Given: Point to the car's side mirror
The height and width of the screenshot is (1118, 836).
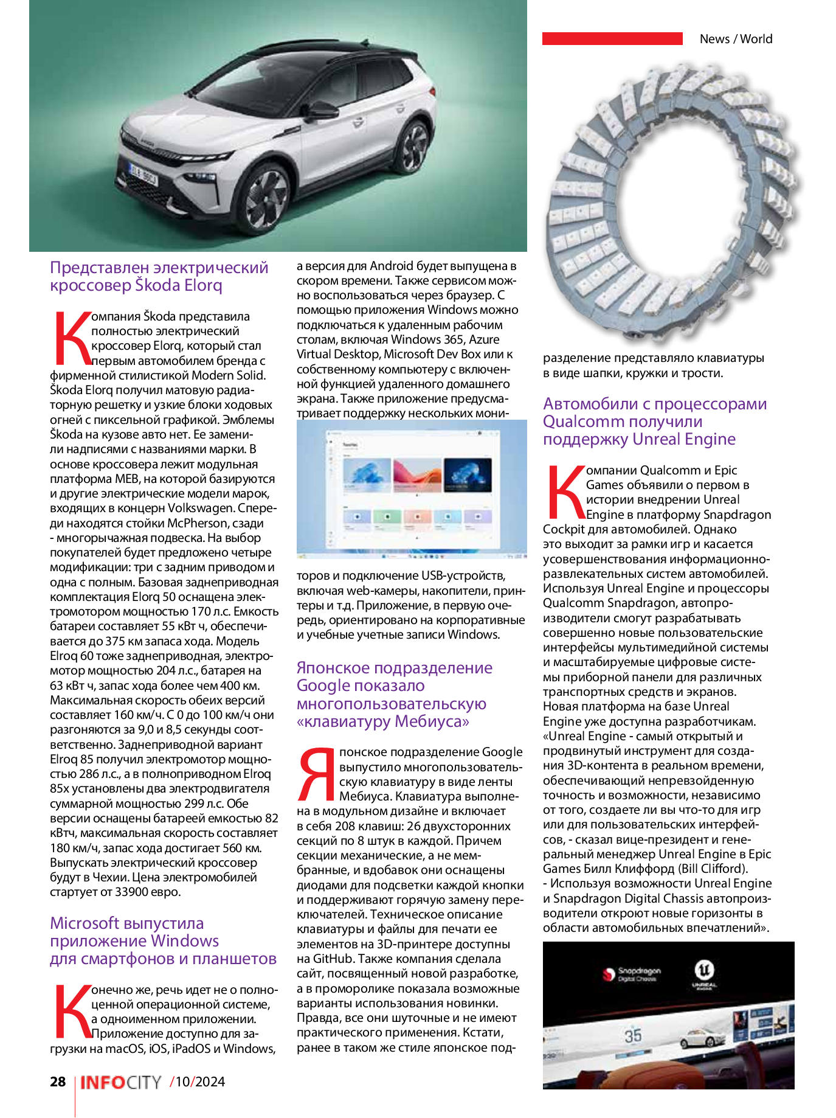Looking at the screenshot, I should pyautogui.click(x=321, y=111).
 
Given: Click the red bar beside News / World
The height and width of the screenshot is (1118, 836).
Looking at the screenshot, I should pyautogui.click(x=612, y=38).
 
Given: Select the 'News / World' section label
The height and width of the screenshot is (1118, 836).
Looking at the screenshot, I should pyautogui.click(x=736, y=39).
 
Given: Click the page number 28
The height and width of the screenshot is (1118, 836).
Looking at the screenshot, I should pyautogui.click(x=58, y=1082).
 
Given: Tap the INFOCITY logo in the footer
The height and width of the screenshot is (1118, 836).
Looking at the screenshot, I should pyautogui.click(x=121, y=1082).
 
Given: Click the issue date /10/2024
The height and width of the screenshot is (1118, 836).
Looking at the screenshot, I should pyautogui.click(x=198, y=1082).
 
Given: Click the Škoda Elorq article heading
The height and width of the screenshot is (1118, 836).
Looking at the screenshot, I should pyautogui.click(x=159, y=276).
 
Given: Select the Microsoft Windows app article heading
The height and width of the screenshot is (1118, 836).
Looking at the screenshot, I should pyautogui.click(x=162, y=940).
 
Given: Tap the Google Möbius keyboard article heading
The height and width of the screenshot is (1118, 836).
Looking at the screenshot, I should pyautogui.click(x=394, y=694).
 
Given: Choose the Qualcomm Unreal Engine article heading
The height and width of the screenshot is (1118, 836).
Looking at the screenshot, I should pyautogui.click(x=654, y=421).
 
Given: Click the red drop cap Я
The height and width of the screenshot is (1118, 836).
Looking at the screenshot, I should pyautogui.click(x=317, y=774).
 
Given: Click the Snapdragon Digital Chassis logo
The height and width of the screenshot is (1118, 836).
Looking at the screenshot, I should pyautogui.click(x=631, y=974).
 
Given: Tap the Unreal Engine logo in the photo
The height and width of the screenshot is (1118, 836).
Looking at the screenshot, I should pyautogui.click(x=704, y=974).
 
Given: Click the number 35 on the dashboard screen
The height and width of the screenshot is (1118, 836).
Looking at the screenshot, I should pyautogui.click(x=633, y=1035).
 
